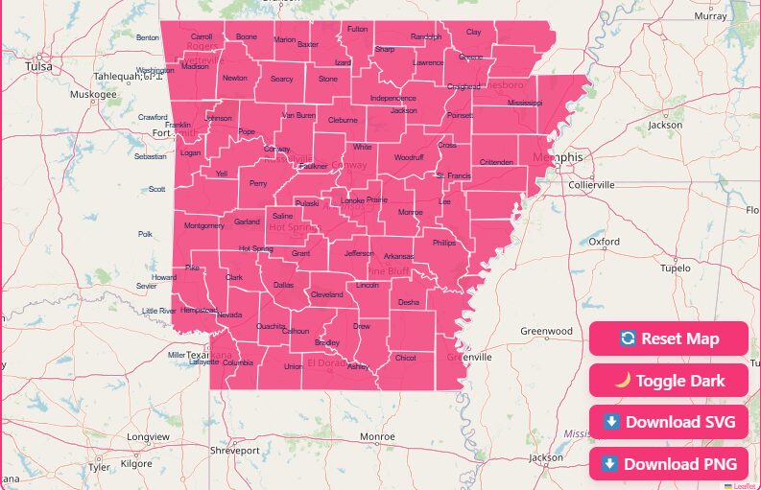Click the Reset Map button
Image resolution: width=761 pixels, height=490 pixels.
coord(668,338)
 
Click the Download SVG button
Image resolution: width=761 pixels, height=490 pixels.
coord(668,422)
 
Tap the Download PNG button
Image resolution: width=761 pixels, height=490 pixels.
coord(668,464)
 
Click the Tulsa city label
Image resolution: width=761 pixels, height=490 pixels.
coord(39,67)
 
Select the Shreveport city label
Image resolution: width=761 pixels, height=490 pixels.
coord(235,450)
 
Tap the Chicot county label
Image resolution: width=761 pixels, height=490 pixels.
coord(406,358)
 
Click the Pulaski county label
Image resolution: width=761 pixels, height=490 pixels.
coord(307,203)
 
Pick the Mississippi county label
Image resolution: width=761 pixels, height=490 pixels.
coord(525,103)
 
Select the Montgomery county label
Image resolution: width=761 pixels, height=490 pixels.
coord(204,226)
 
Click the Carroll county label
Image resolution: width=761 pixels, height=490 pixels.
coord(202,36)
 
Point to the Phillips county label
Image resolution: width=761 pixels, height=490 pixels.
coord(444,244)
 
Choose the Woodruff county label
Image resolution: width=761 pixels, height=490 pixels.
coord(408,156)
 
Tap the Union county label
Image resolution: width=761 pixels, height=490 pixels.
coord(294,366)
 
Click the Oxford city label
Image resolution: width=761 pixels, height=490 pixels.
coord(605,243)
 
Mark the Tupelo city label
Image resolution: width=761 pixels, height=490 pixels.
coord(676,268)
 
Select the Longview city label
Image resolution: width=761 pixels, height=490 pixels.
coord(148,437)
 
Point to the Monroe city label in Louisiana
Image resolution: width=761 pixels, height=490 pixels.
coord(377,436)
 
